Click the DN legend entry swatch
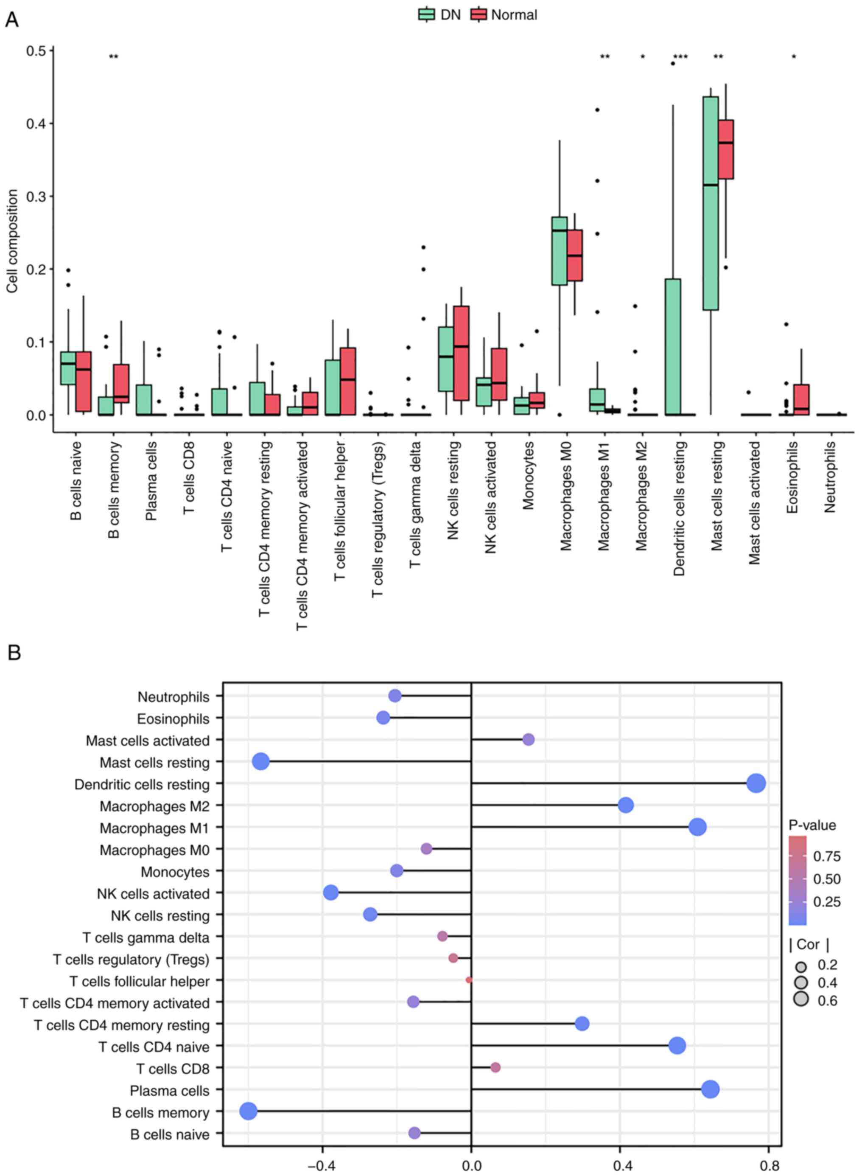[427, 14]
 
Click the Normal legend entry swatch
[479, 14]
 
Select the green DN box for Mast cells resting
[710, 204]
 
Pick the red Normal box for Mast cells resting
[726, 149]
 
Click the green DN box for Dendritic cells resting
[673, 347]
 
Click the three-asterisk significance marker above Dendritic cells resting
[680, 57]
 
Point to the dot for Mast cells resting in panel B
[261, 761]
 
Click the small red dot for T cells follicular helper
[469, 980]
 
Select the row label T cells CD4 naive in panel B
[154, 1047]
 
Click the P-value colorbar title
[812, 825]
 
